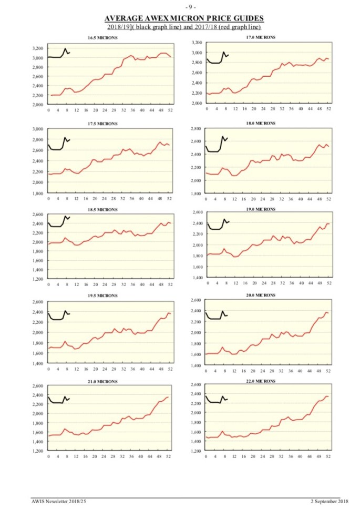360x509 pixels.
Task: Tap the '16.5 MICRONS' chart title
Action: click(x=102, y=38)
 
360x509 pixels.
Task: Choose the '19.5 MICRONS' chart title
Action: click(x=102, y=296)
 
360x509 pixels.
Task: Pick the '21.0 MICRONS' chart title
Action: click(x=102, y=381)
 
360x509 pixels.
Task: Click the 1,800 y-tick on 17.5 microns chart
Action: click(x=37, y=194)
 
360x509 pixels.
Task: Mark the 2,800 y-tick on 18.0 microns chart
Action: click(x=196, y=129)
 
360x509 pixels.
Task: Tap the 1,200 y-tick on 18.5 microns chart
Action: click(x=37, y=279)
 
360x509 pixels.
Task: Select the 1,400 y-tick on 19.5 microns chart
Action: click(x=37, y=363)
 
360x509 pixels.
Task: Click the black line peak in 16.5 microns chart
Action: click(x=65, y=49)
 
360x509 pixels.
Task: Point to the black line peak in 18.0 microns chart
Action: click(x=223, y=137)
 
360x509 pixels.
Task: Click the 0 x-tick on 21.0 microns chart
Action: click(x=48, y=456)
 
